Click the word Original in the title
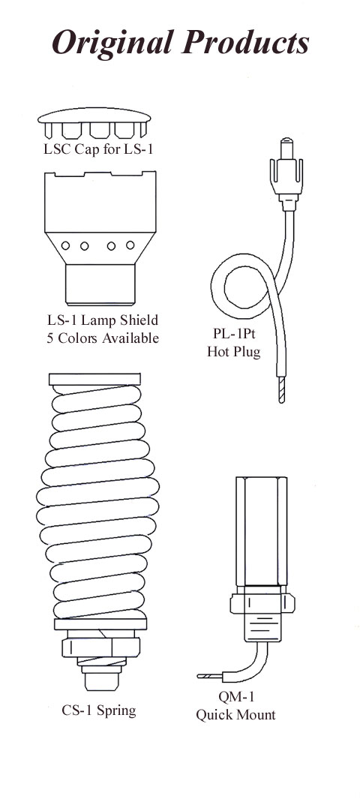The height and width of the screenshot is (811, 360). pyautogui.click(x=112, y=43)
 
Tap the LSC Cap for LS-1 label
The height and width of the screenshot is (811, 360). pyautogui.click(x=98, y=151)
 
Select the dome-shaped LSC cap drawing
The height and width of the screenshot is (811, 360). pyautogui.click(x=94, y=123)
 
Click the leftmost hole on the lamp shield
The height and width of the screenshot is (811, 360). pyautogui.click(x=65, y=245)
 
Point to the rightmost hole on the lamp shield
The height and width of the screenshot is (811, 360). pyautogui.click(x=130, y=245)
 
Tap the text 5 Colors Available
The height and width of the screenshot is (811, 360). pyautogui.click(x=101, y=338)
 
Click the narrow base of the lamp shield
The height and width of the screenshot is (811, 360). pyautogui.click(x=100, y=284)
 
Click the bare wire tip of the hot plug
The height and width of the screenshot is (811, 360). pyautogui.click(x=280, y=389)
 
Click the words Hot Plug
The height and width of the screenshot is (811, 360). pyautogui.click(x=234, y=352)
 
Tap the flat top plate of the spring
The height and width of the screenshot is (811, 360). pyautogui.click(x=94, y=379)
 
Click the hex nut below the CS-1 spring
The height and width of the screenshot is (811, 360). pyautogui.click(x=100, y=647)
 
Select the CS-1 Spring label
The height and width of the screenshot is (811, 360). pyautogui.click(x=99, y=710)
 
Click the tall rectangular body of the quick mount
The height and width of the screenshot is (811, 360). pyautogui.click(x=261, y=531)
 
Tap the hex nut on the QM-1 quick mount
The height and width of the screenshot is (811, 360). pyautogui.click(x=261, y=602)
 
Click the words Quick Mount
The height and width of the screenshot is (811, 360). pyautogui.click(x=235, y=715)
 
